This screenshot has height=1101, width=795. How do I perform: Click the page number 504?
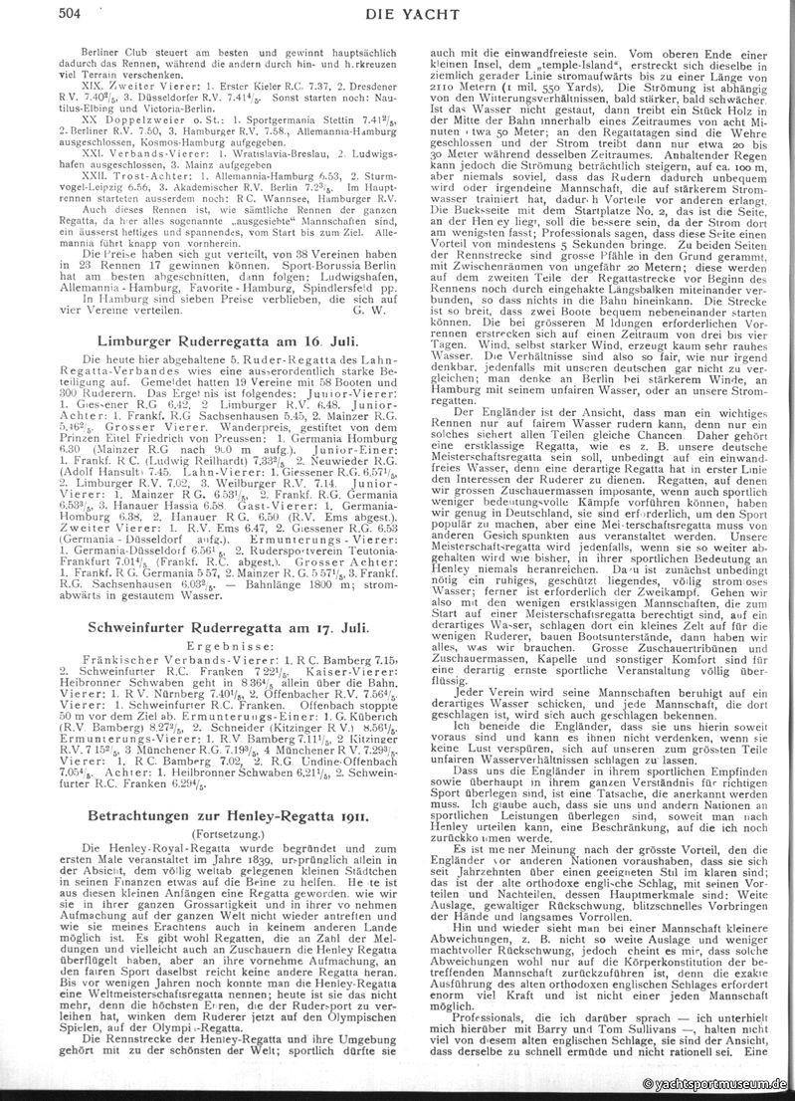tap(70, 11)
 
